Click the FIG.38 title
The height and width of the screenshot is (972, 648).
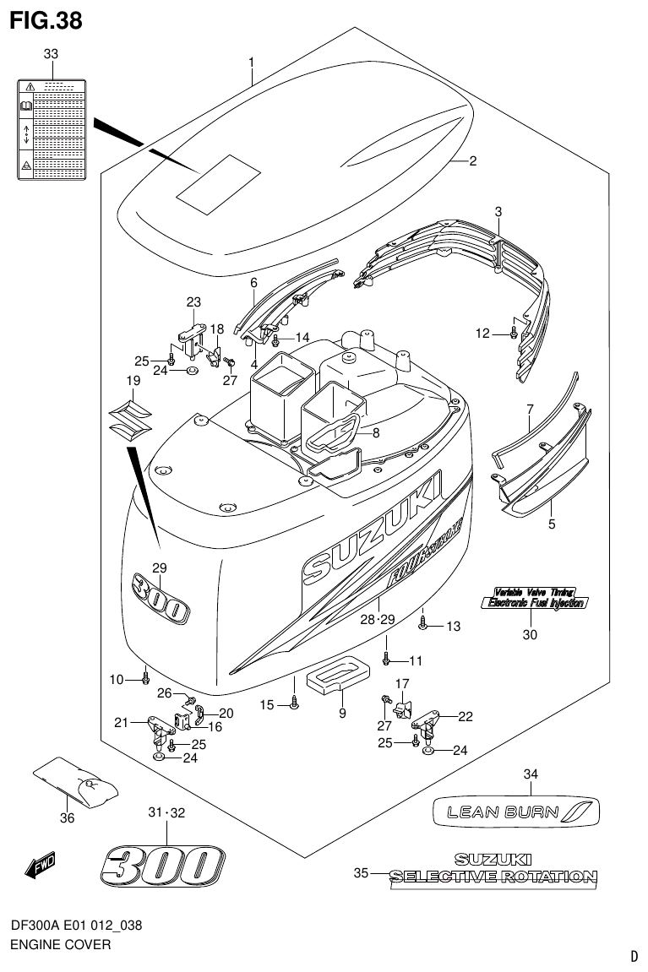pyautogui.click(x=46, y=20)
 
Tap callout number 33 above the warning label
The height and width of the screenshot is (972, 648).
pyautogui.click(x=51, y=55)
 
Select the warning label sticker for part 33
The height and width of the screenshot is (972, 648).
pyautogui.click(x=51, y=128)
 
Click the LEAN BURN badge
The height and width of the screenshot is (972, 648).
pyautogui.click(x=516, y=812)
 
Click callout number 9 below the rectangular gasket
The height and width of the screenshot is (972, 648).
pyautogui.click(x=342, y=713)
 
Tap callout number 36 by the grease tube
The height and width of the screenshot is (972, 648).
pyautogui.click(x=67, y=817)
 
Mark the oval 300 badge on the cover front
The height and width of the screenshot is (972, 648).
pyautogui.click(x=161, y=598)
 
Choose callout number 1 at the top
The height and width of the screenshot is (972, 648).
pyautogui.click(x=251, y=62)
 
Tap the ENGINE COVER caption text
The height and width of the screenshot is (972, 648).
pyautogui.click(x=60, y=944)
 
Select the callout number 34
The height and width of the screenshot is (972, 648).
pyautogui.click(x=531, y=774)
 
